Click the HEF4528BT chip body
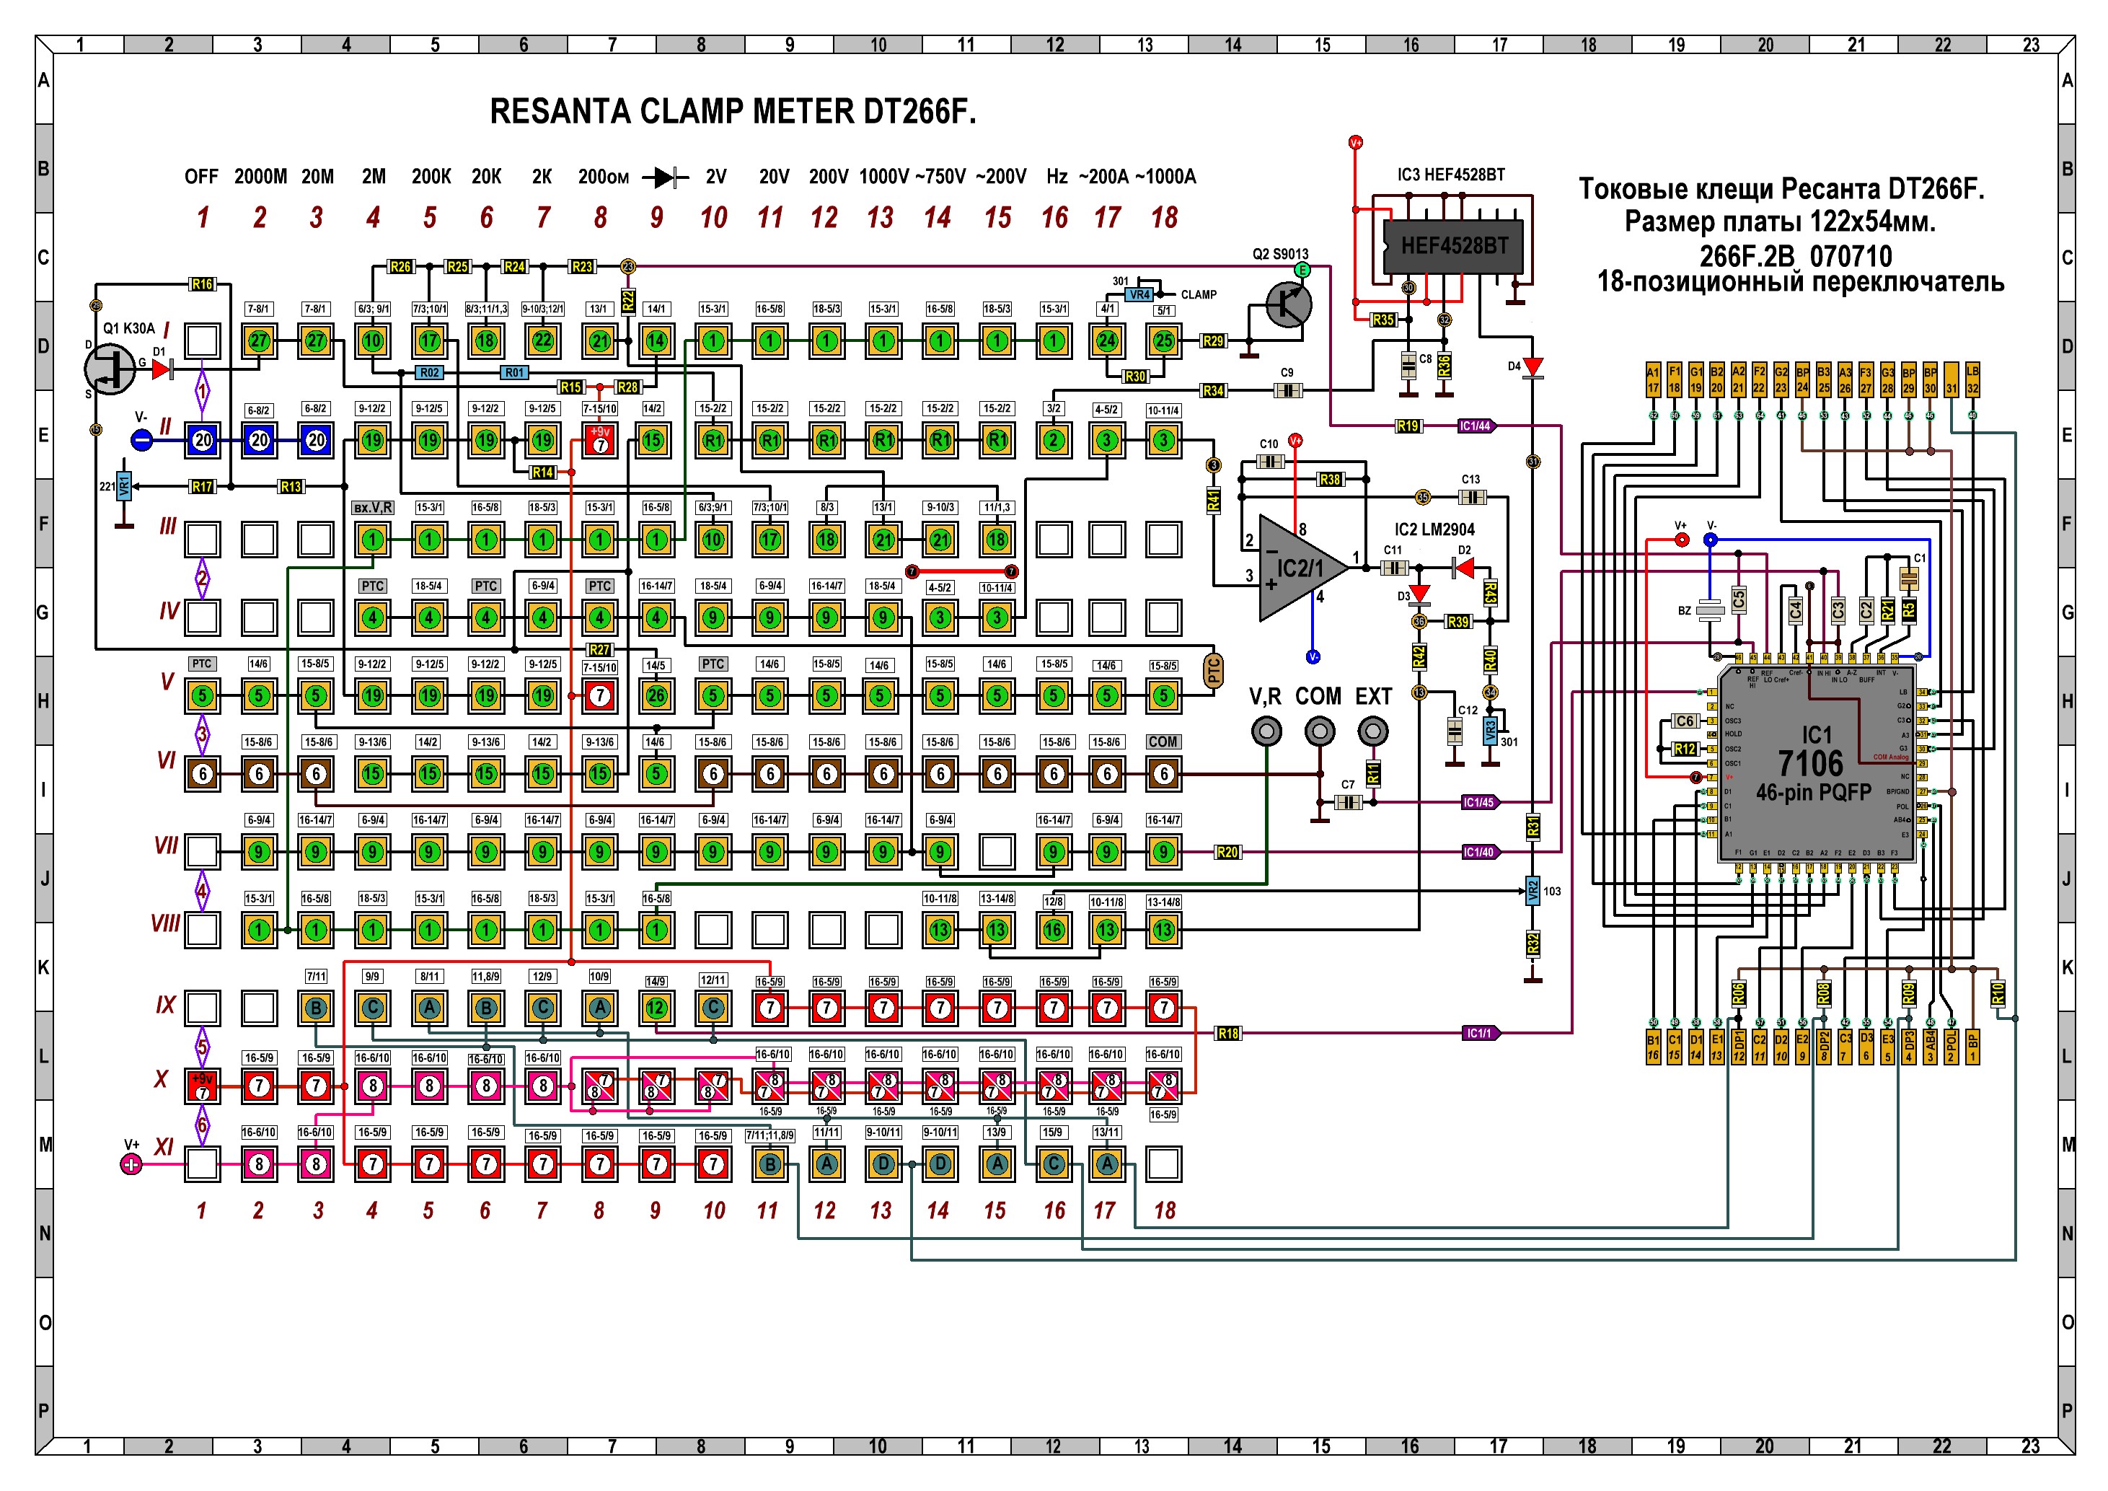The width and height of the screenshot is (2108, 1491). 1453,246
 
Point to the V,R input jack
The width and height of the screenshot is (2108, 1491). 1267,731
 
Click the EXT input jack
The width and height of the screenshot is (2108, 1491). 1372,731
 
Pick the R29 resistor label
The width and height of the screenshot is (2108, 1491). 1214,341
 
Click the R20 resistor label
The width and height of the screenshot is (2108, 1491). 1227,852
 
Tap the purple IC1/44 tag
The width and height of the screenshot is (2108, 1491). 1476,426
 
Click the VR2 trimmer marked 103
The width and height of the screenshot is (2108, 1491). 1533,891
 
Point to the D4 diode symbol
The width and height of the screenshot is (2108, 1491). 1533,367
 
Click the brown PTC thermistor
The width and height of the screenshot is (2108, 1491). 1214,671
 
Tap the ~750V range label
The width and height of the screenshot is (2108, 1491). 940,176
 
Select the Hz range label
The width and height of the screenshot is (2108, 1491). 1057,176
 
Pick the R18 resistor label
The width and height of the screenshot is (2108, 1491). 1227,1033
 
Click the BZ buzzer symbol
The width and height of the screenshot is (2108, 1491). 1709,610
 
